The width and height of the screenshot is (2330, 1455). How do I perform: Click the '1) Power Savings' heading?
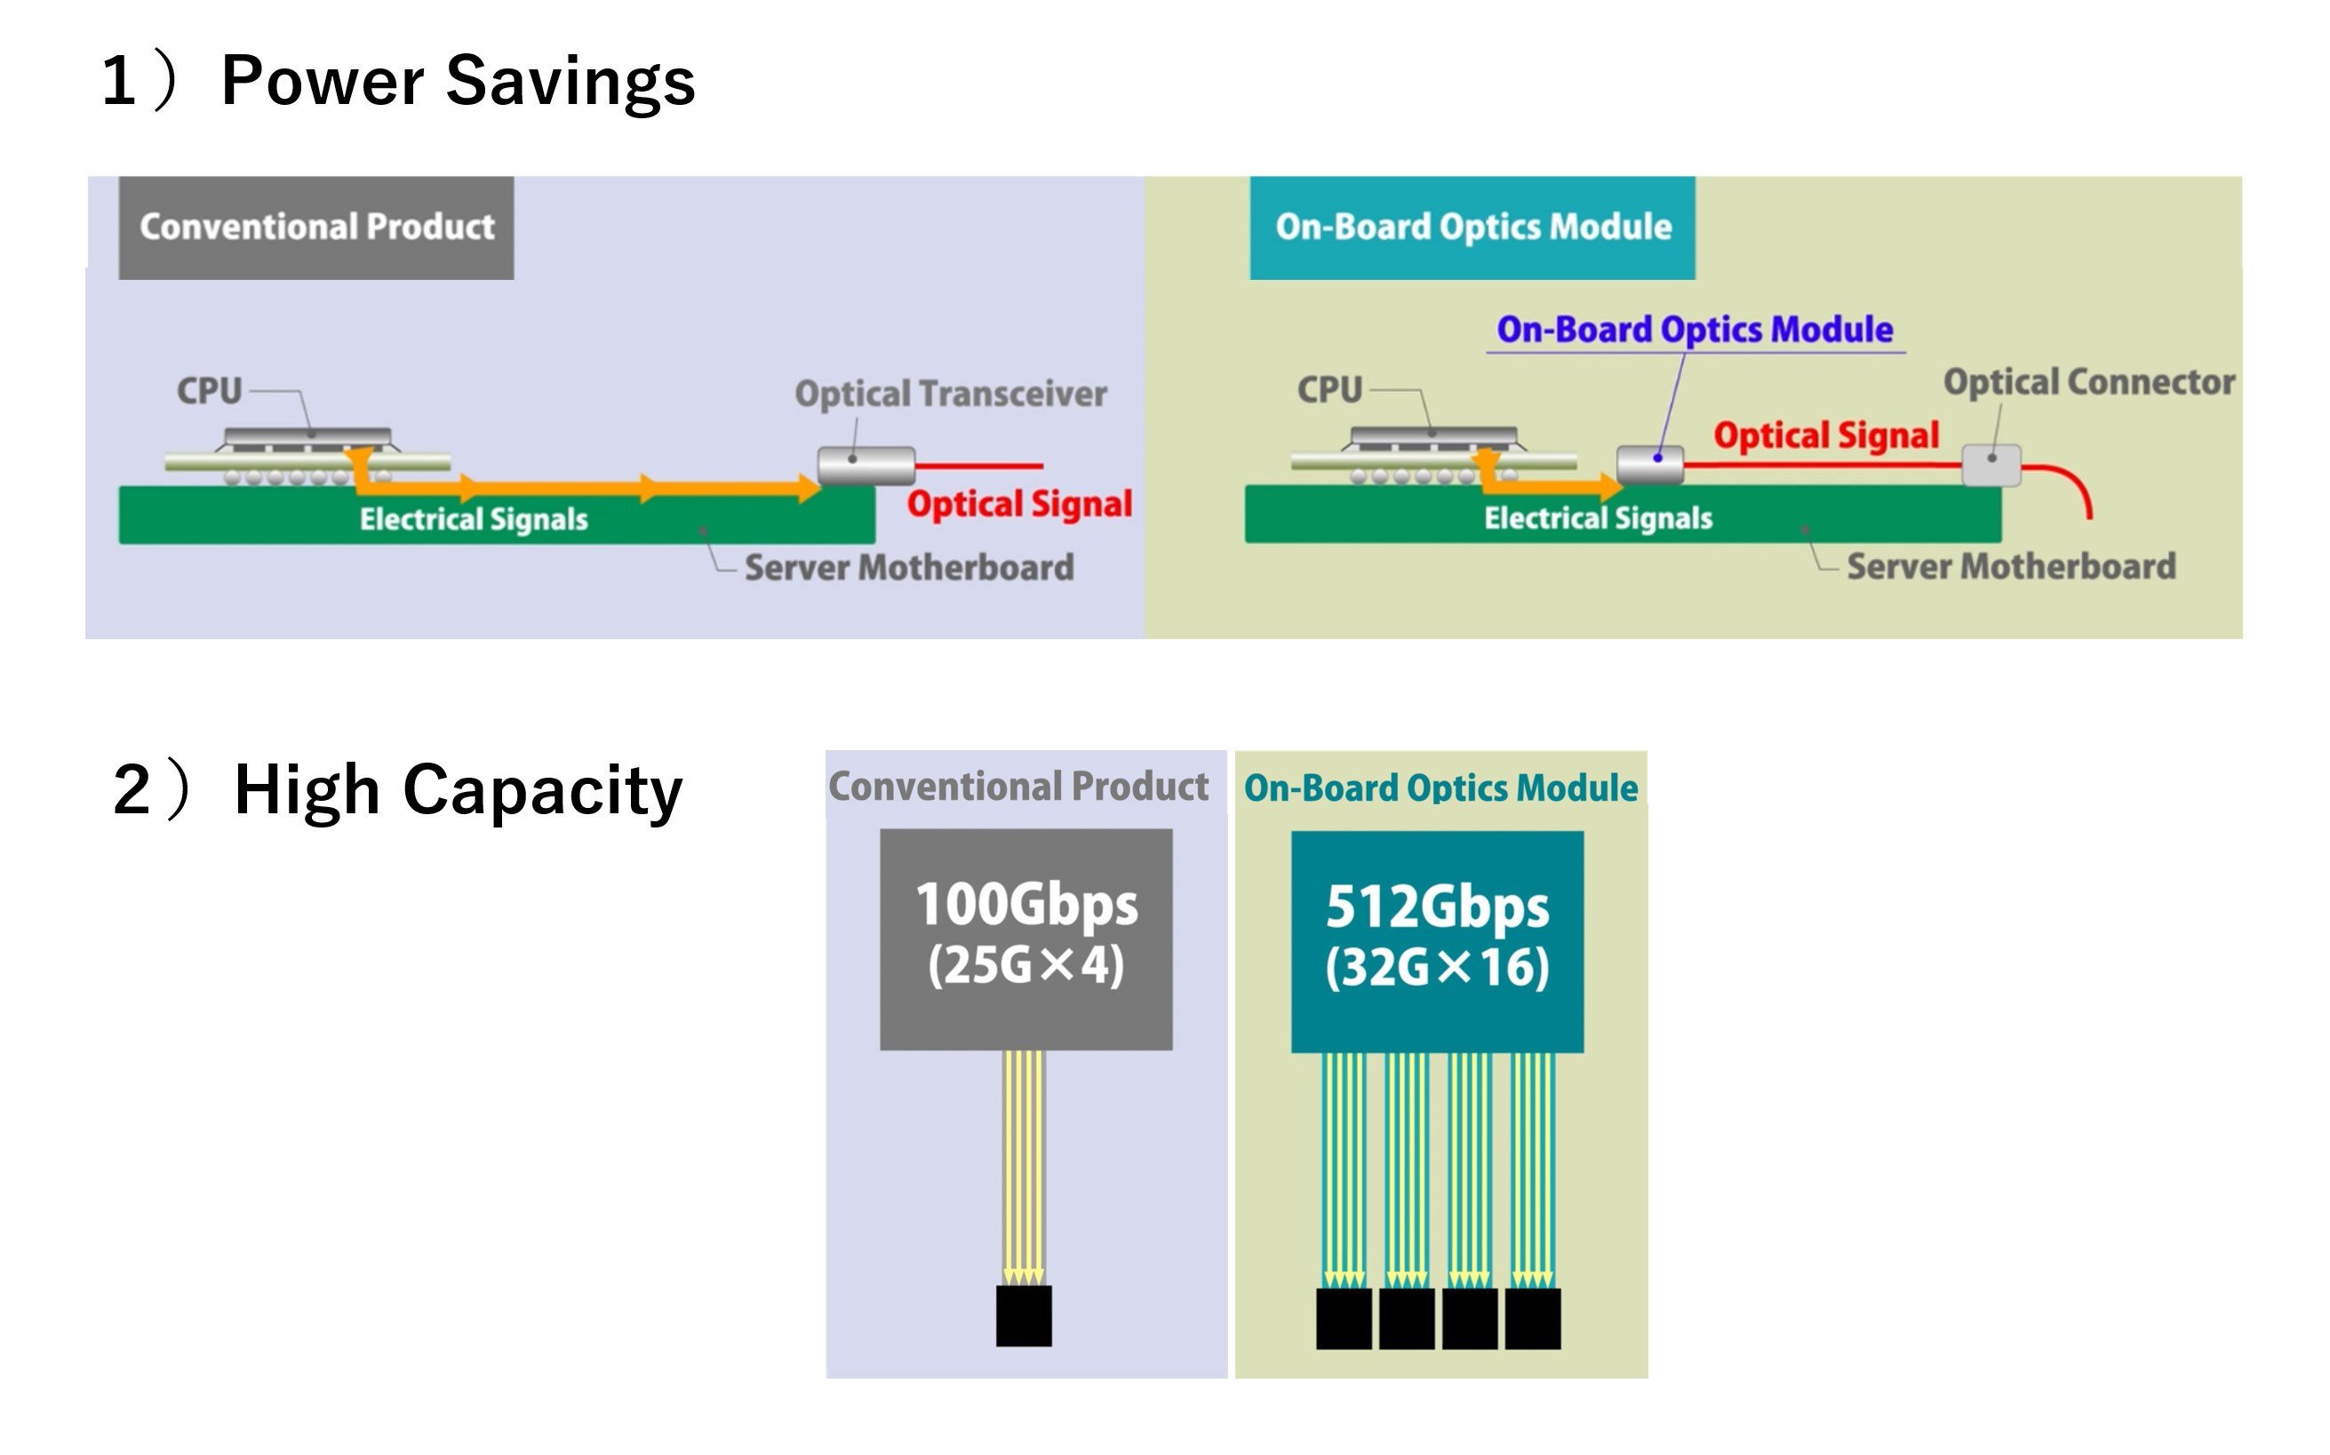click(x=398, y=81)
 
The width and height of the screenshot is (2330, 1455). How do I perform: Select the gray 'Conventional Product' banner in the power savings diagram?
click(x=316, y=228)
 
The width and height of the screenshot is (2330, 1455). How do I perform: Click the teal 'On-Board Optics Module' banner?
click(x=1472, y=228)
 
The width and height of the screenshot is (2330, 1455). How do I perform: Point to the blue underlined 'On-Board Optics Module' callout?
click(x=1694, y=330)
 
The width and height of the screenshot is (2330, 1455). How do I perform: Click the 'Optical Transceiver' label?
click(x=951, y=394)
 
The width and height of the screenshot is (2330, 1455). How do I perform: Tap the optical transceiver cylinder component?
click(x=866, y=466)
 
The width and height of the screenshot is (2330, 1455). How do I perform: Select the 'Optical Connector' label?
click(x=2088, y=382)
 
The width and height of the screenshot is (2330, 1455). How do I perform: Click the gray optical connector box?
click(x=1991, y=466)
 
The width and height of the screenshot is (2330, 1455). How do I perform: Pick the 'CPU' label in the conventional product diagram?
click(x=209, y=391)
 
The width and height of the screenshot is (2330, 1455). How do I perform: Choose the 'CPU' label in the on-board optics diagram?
click(x=1329, y=389)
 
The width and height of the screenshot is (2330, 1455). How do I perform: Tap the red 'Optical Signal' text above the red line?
click(x=1826, y=435)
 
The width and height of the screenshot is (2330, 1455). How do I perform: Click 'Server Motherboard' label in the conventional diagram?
click(x=909, y=568)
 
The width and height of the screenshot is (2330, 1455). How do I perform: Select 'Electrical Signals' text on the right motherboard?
click(x=1598, y=519)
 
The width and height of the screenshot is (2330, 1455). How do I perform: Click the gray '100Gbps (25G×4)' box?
click(x=1025, y=939)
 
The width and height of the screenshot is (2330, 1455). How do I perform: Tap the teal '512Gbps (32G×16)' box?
click(x=1437, y=942)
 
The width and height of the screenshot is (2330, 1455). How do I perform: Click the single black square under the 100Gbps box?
click(x=1024, y=1315)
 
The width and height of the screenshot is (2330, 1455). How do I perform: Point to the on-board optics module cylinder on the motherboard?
click(x=1650, y=465)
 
